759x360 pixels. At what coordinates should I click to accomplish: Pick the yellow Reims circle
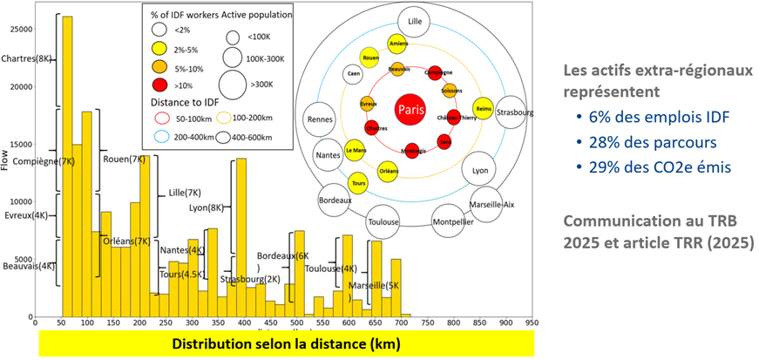(484, 110)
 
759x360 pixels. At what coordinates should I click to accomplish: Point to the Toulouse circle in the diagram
(383, 221)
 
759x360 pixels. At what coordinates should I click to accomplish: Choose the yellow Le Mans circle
(355, 150)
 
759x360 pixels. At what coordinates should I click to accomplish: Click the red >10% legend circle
(158, 85)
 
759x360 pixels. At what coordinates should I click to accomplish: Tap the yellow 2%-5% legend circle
(158, 48)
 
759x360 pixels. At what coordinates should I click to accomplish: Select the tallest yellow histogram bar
(67, 166)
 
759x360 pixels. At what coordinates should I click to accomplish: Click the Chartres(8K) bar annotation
(27, 58)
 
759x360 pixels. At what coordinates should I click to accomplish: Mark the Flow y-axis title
(6, 164)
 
